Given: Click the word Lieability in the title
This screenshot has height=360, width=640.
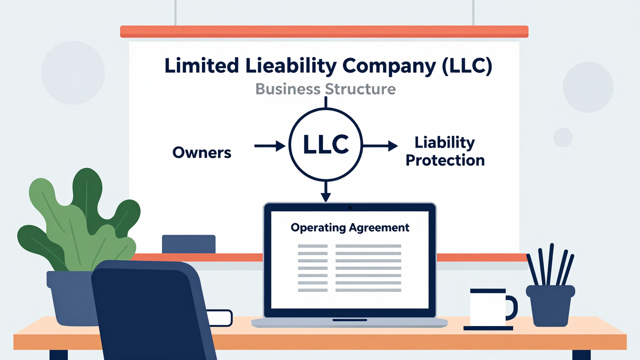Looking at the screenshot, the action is coord(291,66).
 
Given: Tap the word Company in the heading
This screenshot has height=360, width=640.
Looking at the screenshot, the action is coord(389,66).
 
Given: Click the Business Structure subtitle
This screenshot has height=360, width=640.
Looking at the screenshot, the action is coord(325,89).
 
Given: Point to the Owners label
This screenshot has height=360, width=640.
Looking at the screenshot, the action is coord(201,152).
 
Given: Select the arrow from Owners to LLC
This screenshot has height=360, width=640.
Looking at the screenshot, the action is coord(269,146).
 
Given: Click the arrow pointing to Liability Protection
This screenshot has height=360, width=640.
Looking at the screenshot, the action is coord(380,146).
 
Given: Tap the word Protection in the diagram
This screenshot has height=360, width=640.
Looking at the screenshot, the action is coord(445,160).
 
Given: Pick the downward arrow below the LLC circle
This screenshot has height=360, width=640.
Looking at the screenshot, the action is coord(325,191).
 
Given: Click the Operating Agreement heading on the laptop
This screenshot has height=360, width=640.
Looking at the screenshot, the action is coord(350,227).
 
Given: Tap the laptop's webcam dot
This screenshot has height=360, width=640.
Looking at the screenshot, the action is coord(350,207).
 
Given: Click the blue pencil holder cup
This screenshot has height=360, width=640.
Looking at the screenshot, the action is coord(550,305).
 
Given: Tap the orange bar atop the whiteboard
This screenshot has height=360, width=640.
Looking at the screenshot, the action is coord(324,31).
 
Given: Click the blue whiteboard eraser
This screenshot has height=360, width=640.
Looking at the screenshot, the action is coord(188,244).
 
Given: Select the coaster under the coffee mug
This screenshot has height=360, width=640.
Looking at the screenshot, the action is coord(488,328).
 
